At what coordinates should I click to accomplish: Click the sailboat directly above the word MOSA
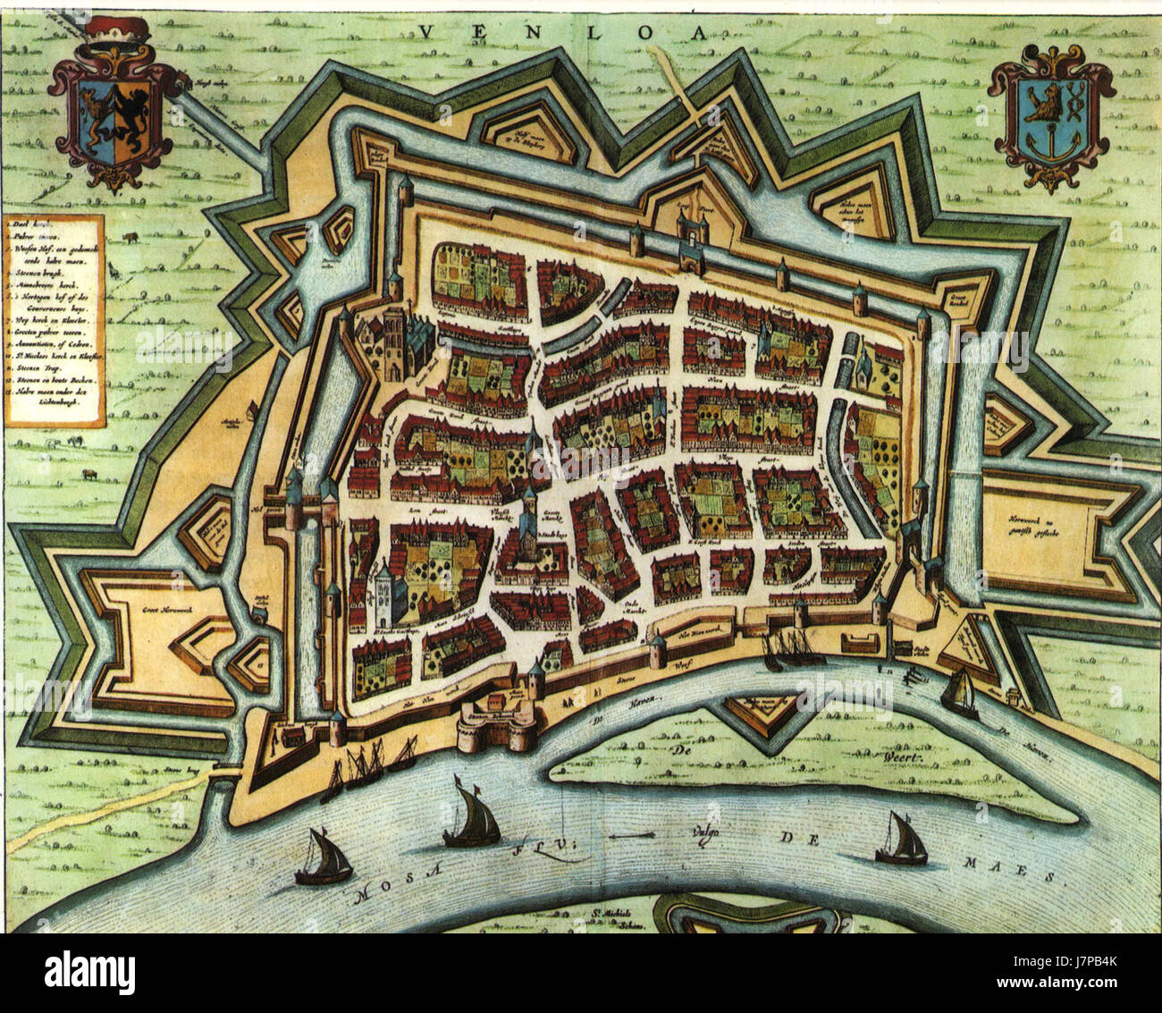[323, 859]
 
